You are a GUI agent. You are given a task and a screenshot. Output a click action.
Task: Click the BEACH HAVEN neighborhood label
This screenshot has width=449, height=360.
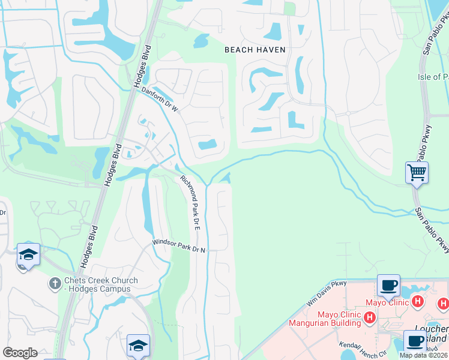[255, 50]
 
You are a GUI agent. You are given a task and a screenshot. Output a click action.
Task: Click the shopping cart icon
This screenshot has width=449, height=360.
[417, 173]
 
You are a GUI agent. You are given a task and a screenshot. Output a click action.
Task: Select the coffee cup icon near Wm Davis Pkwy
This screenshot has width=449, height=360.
[388, 285]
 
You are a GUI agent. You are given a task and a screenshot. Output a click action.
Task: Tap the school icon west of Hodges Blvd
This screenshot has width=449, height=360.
[28, 254]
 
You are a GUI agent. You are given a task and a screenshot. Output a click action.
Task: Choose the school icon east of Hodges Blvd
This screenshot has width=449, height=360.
[137, 346]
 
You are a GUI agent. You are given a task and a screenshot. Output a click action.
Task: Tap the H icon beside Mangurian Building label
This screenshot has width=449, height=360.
[370, 317]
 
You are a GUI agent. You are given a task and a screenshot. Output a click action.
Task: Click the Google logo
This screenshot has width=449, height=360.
[20, 353]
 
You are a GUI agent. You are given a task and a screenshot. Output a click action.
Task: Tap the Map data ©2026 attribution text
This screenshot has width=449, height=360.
[424, 355]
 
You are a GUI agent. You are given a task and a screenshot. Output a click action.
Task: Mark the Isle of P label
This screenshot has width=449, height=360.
[433, 77]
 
